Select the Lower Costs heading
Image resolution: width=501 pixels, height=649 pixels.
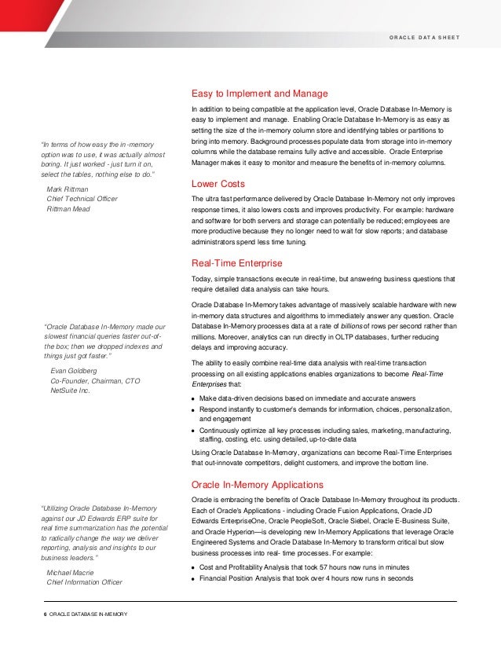click(x=218, y=184)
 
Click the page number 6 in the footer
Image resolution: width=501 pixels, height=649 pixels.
click(x=44, y=613)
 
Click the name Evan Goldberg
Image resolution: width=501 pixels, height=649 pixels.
click(x=74, y=369)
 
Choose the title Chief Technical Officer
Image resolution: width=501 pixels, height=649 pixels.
click(x=82, y=200)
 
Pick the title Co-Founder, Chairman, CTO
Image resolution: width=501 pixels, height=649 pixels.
click(x=95, y=379)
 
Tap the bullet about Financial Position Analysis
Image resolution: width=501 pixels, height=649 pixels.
click(x=306, y=579)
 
